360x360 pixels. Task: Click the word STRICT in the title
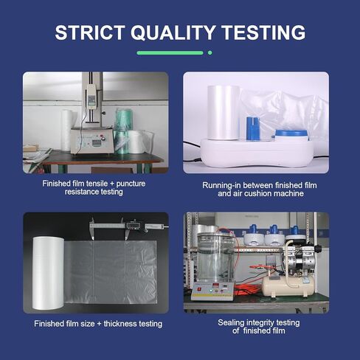pyautogui.click(x=89, y=32)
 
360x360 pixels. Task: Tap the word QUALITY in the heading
pyautogui.click(x=173, y=32)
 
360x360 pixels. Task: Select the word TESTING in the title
pyautogui.click(x=263, y=32)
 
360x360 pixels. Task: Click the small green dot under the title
pyautogui.click(x=210, y=52)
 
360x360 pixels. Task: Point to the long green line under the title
pyautogui.click(x=170, y=52)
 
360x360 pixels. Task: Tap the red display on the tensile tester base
pyautogui.click(x=96, y=143)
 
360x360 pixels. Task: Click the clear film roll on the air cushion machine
pyautogui.click(x=223, y=113)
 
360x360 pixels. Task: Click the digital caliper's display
pyautogui.click(x=133, y=225)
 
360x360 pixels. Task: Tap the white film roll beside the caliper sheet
pyautogui.click(x=49, y=273)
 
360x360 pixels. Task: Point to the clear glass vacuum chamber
pyautogui.click(x=215, y=258)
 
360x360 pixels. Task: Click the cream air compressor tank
pyautogui.click(x=288, y=286)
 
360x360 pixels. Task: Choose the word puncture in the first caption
pyautogui.click(x=131, y=184)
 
